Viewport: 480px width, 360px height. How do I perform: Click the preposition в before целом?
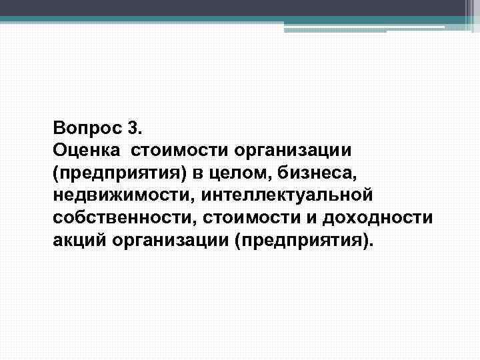(198, 172)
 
